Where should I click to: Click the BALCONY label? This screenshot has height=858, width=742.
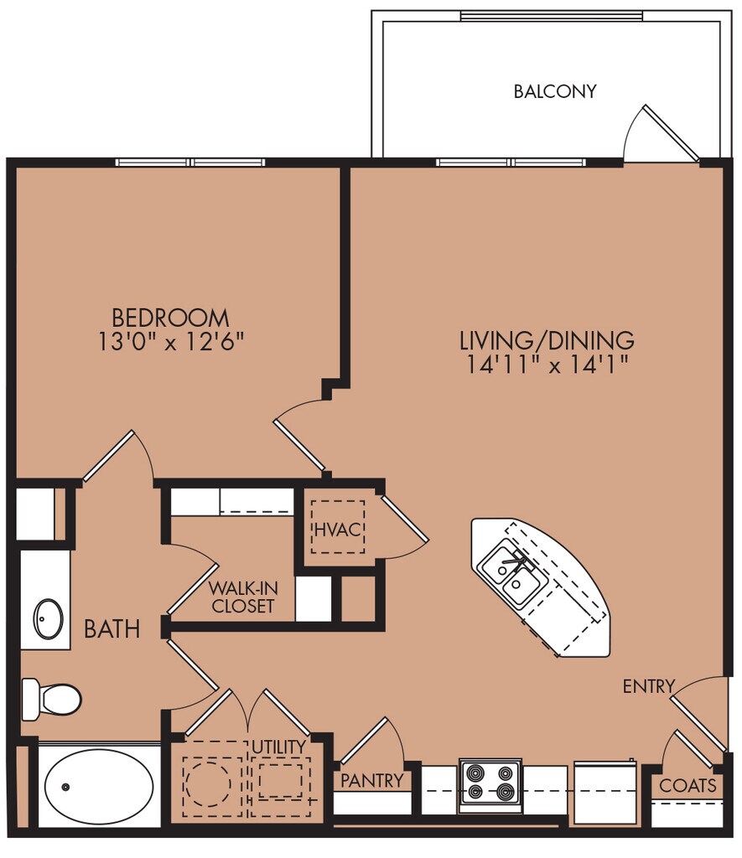[x=555, y=90]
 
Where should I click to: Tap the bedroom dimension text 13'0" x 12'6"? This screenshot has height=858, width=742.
[x=170, y=342]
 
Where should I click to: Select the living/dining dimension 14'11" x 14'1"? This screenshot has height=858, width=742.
[x=547, y=364]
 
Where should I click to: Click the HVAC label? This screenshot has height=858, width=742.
[x=338, y=530]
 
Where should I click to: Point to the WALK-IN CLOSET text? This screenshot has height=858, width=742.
[x=243, y=597]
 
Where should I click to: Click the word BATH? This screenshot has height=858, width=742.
[x=112, y=629]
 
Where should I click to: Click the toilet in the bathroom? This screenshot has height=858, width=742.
[x=51, y=700]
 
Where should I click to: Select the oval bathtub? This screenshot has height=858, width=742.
[x=99, y=786]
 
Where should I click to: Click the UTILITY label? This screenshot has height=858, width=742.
[x=278, y=747]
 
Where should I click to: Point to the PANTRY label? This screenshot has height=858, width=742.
[x=371, y=780]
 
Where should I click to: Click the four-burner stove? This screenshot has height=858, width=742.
[x=490, y=785]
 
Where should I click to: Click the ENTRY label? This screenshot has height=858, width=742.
[x=649, y=685]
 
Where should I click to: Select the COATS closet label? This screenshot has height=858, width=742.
[x=688, y=786]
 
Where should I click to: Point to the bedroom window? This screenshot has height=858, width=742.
[x=190, y=163]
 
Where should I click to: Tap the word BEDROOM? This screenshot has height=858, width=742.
[x=170, y=318]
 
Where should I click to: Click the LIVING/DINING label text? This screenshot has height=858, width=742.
[x=547, y=340]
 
